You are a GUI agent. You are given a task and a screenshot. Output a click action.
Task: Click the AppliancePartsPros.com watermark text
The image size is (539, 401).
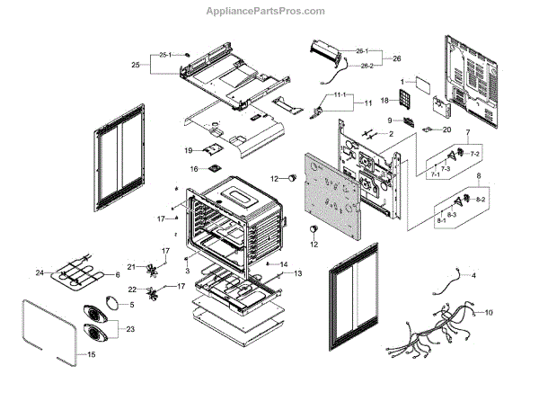coord(269,11)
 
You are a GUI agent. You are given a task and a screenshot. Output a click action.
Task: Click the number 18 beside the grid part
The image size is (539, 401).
coord(383,101)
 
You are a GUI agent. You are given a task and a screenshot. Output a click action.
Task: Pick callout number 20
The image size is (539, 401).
coord(446,129)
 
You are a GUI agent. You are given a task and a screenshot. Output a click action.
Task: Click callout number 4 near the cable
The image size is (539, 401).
coord(474,274)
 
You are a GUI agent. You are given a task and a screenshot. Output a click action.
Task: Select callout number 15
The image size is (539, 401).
coord(90,355)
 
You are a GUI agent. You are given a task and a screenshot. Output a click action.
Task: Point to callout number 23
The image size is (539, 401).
coord(134,329)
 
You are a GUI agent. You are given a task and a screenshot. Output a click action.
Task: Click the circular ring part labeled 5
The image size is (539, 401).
coord(111,303)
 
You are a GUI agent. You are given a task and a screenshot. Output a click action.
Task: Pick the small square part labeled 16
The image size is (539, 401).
coord(215,168)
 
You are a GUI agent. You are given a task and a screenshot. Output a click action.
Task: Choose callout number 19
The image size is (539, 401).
coord(189,149)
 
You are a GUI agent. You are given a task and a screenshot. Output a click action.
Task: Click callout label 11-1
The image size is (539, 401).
coord(339,94)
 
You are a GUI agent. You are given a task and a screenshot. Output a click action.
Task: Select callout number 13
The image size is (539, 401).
coord(298,272)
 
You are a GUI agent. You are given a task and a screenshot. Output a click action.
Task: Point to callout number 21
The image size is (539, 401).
coord(130,266)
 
